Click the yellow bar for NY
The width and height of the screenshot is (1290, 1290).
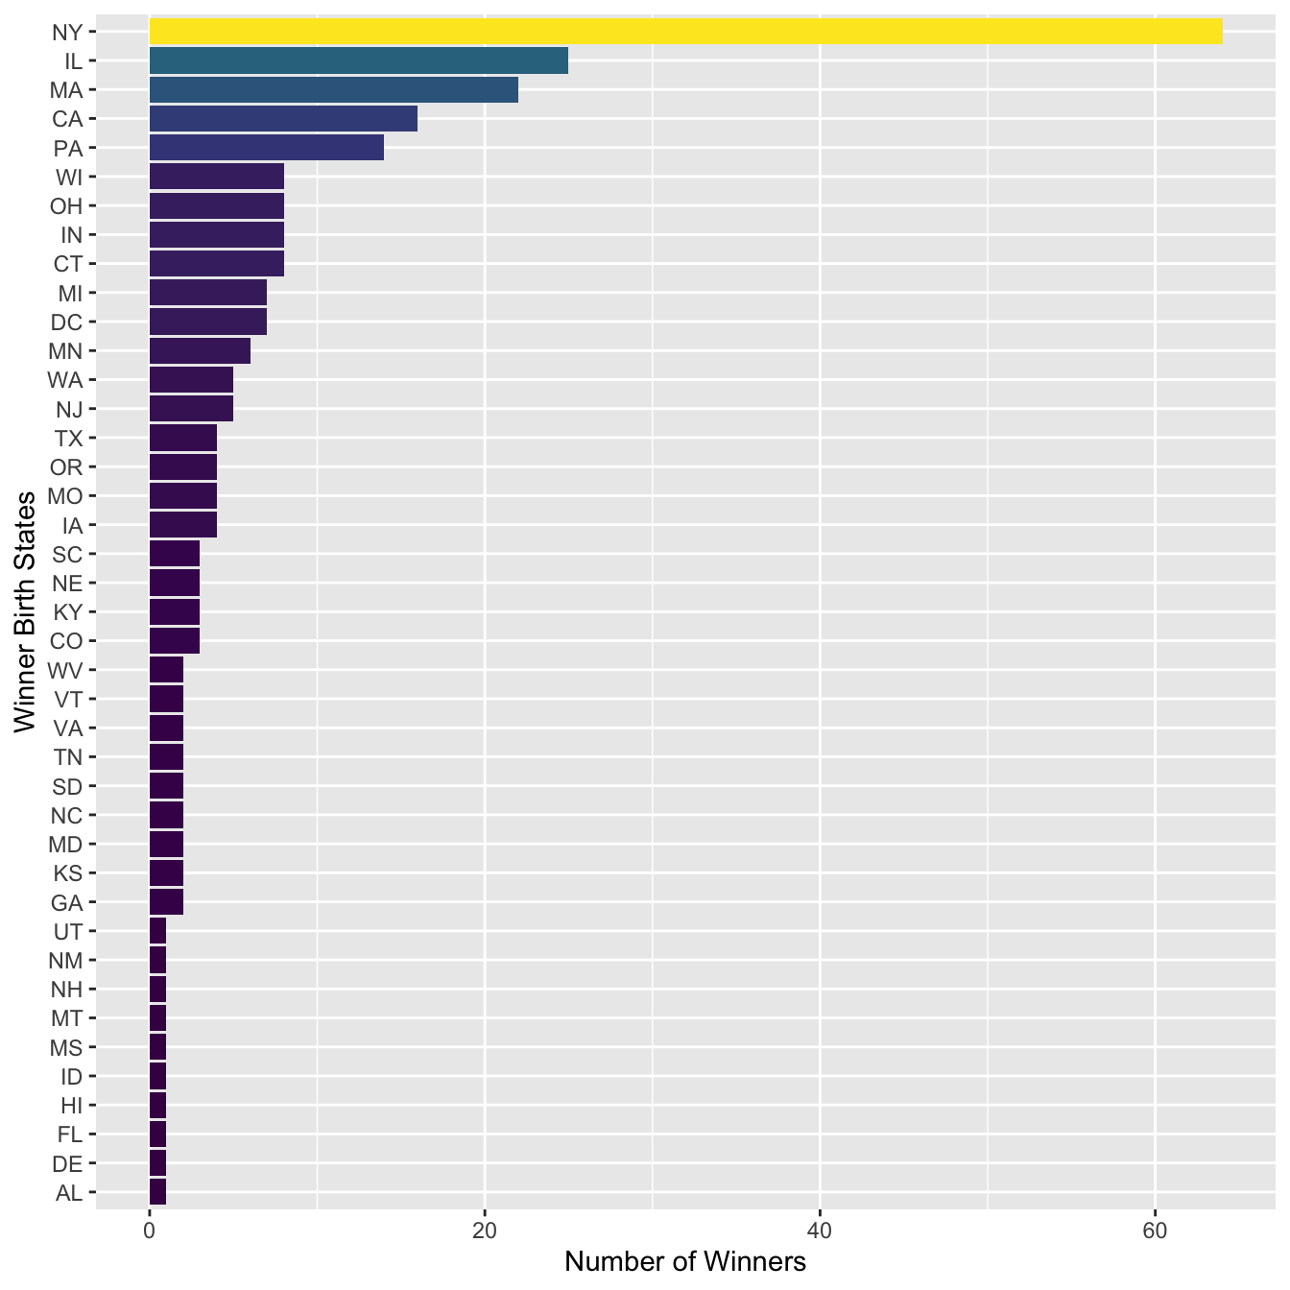coord(685,32)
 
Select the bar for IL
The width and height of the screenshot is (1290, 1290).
coord(358,60)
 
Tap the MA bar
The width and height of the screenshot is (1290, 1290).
coord(333,90)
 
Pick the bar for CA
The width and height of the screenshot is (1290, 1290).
coord(283,119)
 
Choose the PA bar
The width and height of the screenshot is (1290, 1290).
coord(266,148)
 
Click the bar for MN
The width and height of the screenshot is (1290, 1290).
coord(200,351)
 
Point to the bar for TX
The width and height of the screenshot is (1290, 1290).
coord(182,439)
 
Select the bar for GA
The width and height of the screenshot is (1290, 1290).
coord(166,902)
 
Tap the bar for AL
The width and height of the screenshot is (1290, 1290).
coord(157,1193)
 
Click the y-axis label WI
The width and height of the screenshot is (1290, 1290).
coord(69,177)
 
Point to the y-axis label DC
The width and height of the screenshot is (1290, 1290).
coord(66,322)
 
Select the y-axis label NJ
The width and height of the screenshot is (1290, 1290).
coord(69,410)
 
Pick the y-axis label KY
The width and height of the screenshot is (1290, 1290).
coord(67,612)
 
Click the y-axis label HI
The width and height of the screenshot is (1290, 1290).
coord(71,1106)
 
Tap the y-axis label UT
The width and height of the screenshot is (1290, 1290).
coord(68,931)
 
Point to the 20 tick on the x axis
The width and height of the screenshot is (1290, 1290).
coord(485,1231)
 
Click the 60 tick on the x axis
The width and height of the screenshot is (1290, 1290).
coord(1155,1231)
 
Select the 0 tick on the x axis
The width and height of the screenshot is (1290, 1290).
coord(150,1231)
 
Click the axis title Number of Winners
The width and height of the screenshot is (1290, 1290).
coord(684,1261)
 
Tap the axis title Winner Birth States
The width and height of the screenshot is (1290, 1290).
coord(25,611)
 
